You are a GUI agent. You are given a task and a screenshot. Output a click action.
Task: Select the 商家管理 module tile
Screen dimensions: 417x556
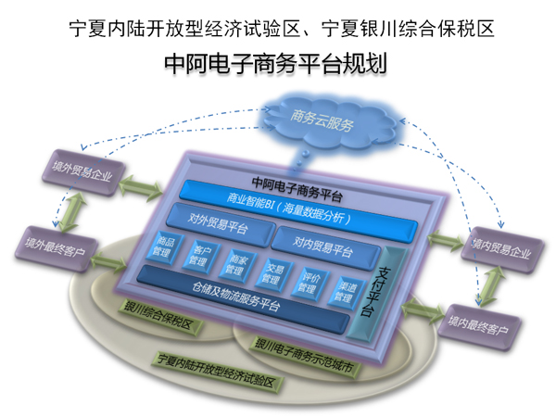(234, 266)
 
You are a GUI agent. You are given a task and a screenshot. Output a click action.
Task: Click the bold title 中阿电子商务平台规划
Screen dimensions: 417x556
(274, 63)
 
